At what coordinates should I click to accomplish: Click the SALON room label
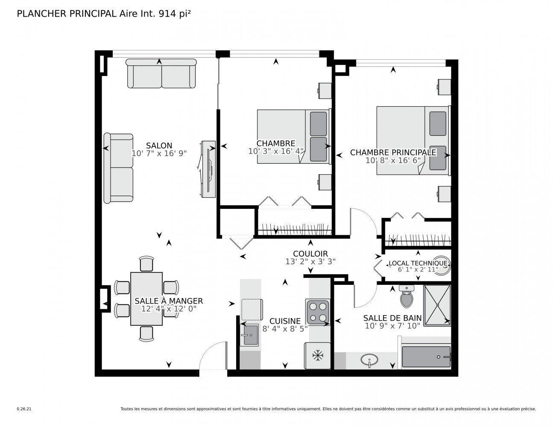click(x=159, y=146)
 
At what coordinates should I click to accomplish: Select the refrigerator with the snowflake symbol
click(x=317, y=355)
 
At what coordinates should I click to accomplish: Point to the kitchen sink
click(x=249, y=334)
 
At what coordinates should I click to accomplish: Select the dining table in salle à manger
click(x=146, y=298)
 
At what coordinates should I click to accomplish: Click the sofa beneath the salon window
click(x=161, y=74)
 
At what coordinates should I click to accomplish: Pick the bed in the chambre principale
click(x=413, y=140)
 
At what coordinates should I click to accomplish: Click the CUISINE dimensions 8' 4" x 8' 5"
click(x=285, y=328)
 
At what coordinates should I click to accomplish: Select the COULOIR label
click(x=310, y=254)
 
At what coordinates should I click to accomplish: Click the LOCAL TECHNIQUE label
click(x=418, y=263)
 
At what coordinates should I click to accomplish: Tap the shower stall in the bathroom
click(x=437, y=304)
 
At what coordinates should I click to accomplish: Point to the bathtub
click(x=426, y=357)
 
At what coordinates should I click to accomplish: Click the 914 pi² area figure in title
click(x=175, y=14)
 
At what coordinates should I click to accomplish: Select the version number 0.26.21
click(x=23, y=409)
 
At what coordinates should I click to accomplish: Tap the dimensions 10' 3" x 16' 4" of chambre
click(x=276, y=151)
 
